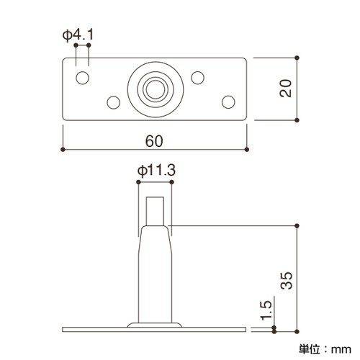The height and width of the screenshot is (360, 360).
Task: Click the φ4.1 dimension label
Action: click(x=78, y=35)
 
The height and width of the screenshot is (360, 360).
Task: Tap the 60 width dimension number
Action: click(x=154, y=141)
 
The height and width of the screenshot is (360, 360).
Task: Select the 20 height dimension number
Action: click(x=285, y=88)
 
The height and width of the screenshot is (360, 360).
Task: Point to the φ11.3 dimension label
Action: click(x=156, y=171)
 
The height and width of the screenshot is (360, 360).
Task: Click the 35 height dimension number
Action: click(x=287, y=281)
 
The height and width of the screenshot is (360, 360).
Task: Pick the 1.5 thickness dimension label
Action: click(x=266, y=311)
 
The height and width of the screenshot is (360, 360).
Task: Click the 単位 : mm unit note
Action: click(x=325, y=349)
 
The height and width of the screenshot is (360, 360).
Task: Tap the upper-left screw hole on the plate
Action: click(x=82, y=78)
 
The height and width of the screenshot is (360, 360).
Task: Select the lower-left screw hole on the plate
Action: click(x=114, y=102)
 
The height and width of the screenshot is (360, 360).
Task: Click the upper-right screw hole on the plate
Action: click(x=197, y=78)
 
